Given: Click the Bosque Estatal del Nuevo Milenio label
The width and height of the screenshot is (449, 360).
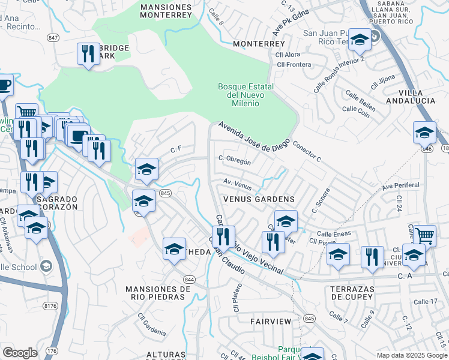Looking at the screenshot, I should click(246, 95).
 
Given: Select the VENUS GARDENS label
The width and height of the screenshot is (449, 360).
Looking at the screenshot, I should click(259, 199).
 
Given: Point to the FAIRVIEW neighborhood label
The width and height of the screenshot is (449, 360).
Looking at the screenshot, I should click(271, 322).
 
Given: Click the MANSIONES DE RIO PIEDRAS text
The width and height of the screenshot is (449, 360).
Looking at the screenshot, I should click(158, 293).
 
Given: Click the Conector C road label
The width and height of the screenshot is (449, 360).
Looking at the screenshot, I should click(307, 152).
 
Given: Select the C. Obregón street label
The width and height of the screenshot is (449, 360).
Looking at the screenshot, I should click(235, 160).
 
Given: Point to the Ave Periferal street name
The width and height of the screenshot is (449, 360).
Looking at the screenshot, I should click(400, 185).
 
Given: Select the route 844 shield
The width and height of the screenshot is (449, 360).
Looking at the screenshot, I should click(190, 280).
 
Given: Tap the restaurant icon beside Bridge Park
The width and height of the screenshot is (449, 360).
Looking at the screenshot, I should click(88, 54).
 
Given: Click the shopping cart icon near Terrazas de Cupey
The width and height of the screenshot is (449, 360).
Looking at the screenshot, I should click(424, 235).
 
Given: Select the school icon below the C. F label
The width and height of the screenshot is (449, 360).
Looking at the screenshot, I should click(146, 170).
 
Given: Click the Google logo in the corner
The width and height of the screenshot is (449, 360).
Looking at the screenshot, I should click(20, 352).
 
